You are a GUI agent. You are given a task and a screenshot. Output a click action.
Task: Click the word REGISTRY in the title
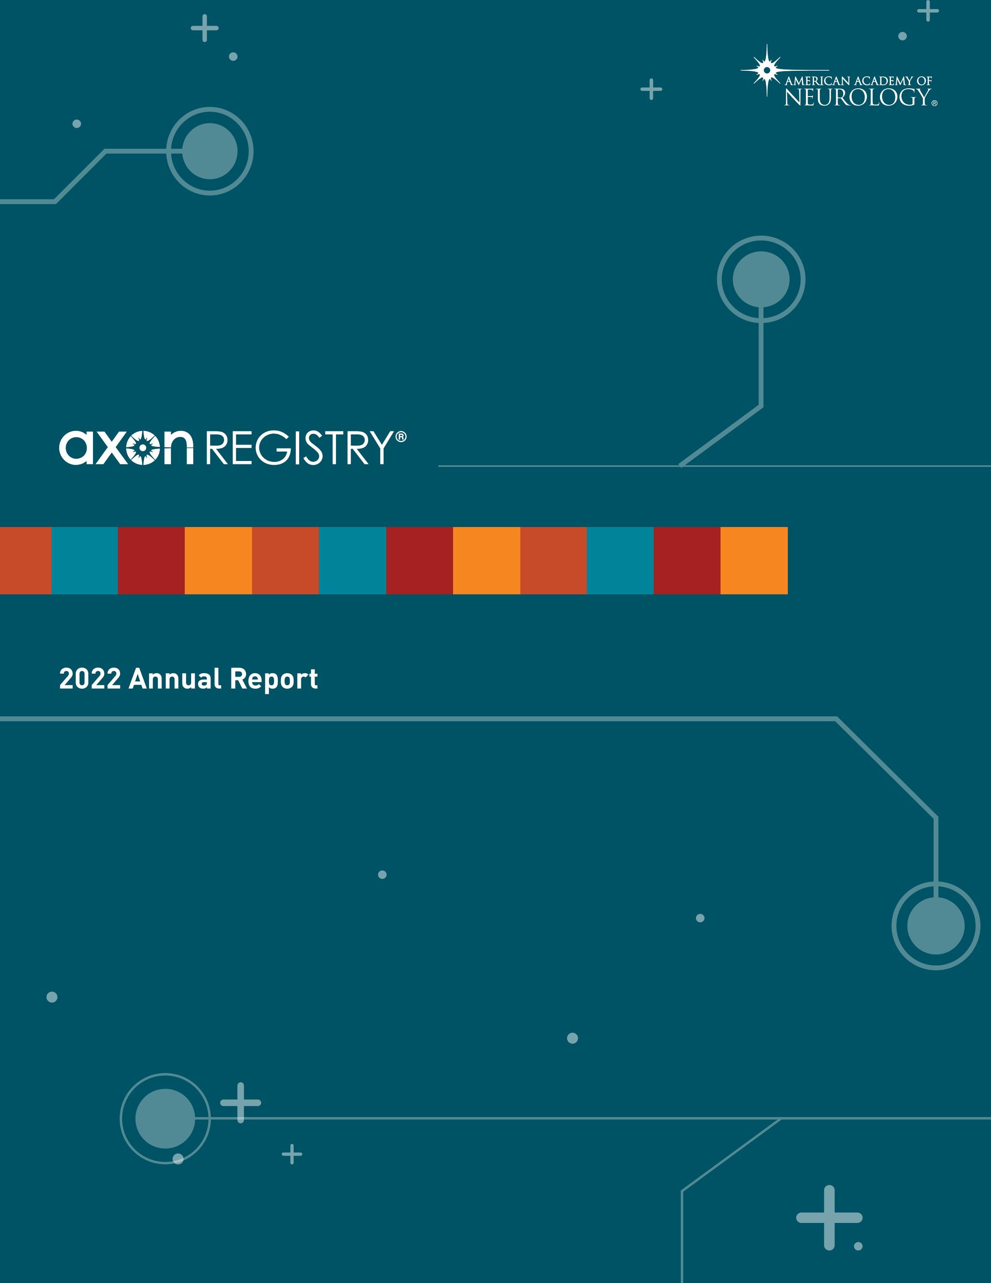point(298,448)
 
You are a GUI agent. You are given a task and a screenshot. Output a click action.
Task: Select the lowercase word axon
point(126,448)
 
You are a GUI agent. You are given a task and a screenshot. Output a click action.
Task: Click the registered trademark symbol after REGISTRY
point(401,437)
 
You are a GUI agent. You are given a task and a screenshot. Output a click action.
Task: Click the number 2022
point(90,679)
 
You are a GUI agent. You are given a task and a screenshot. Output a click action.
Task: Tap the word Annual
point(175,679)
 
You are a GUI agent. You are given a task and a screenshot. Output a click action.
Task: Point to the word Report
point(273,679)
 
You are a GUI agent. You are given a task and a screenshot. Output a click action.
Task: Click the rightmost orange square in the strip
point(754,560)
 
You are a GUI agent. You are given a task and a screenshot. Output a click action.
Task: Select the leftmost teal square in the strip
point(84,560)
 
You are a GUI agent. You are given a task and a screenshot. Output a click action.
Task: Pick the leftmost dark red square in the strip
point(151,560)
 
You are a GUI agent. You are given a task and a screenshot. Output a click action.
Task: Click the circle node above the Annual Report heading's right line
point(761,279)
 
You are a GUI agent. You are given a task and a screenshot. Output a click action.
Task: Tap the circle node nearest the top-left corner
point(210,151)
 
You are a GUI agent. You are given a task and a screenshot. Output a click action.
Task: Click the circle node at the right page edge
point(936,925)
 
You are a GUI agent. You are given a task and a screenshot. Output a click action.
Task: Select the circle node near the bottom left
point(165,1118)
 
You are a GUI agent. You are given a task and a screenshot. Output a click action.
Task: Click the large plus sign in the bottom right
point(829,1217)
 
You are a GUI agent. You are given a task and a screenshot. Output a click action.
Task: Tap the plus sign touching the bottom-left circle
point(240,1102)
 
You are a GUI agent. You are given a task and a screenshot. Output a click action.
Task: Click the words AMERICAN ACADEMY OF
point(858,81)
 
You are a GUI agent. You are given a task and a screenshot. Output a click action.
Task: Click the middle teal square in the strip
point(352,560)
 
